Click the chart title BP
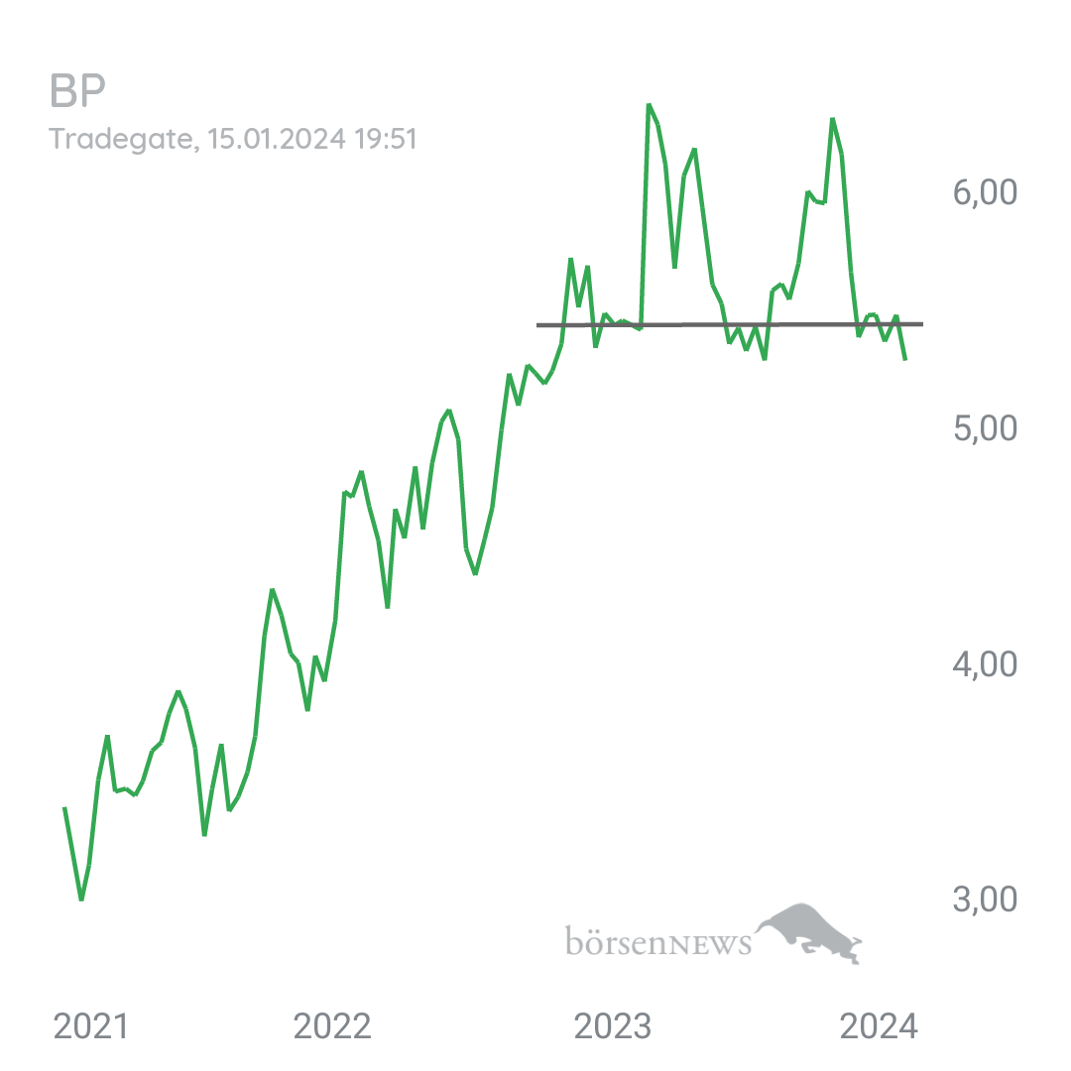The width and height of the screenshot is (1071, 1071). pos(78,91)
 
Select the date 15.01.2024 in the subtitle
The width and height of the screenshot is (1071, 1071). pos(277,139)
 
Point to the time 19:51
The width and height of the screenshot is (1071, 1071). pos(385,139)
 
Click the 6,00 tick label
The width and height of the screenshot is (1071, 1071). pos(985,192)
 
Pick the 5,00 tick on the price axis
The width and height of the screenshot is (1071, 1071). pos(985,428)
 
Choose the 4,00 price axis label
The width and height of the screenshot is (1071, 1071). pos(985,663)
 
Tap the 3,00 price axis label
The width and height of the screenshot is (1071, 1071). pos(985,899)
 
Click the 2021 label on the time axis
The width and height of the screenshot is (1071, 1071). pos(91,1026)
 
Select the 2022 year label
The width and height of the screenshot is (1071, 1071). pos(332,1026)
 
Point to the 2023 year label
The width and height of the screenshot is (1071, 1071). pos(613,1026)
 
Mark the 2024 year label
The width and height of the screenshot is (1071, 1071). pos(879,1026)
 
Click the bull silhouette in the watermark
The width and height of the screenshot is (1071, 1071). pos(809,930)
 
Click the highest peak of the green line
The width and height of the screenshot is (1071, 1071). pos(649,105)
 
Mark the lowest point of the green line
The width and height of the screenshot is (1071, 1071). pos(81,899)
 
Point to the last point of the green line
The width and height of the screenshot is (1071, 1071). pos(905,359)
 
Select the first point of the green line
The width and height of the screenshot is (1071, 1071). pos(64,808)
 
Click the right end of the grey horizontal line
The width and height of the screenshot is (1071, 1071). pos(923,323)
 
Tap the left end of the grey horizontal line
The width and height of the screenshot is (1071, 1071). pos(537,325)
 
